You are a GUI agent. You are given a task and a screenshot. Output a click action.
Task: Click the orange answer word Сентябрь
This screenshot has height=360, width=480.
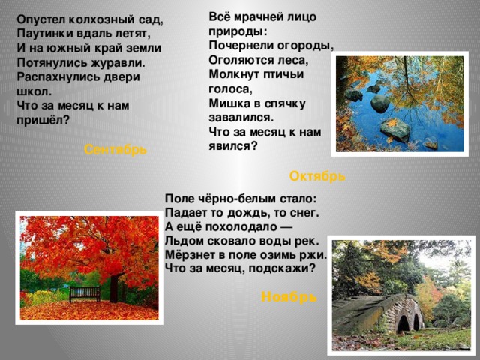pos(115,149)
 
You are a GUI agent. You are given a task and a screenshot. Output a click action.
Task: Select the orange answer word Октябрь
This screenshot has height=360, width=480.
pos(317,176)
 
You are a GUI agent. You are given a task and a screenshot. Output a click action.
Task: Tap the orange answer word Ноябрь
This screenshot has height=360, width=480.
pos(289,297)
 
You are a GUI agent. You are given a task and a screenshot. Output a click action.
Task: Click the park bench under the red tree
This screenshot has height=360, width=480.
pos(85,293)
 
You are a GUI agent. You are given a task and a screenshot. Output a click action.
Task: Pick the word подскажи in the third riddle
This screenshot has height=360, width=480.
pos(285,268)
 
